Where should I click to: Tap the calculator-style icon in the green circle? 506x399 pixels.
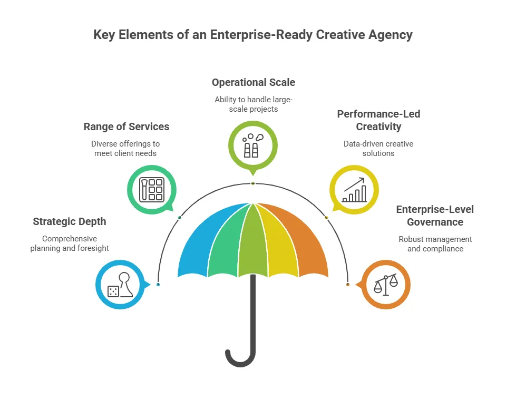click(x=151, y=189)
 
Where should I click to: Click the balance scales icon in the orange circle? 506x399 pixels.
click(x=386, y=285)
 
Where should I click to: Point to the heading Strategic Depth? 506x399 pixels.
click(x=69, y=221)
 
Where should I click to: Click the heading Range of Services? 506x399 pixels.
click(x=126, y=126)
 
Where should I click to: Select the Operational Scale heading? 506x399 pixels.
click(x=254, y=82)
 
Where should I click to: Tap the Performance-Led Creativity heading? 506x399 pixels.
click(x=378, y=120)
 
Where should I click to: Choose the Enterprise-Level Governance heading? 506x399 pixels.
click(x=435, y=216)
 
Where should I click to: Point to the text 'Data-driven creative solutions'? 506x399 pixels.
click(x=378, y=148)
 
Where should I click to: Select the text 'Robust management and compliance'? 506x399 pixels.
click(x=435, y=244)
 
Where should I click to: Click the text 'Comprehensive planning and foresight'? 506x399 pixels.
click(x=69, y=244)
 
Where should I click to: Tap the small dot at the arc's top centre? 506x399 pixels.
click(x=253, y=183)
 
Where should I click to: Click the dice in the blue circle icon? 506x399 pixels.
click(x=113, y=291)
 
